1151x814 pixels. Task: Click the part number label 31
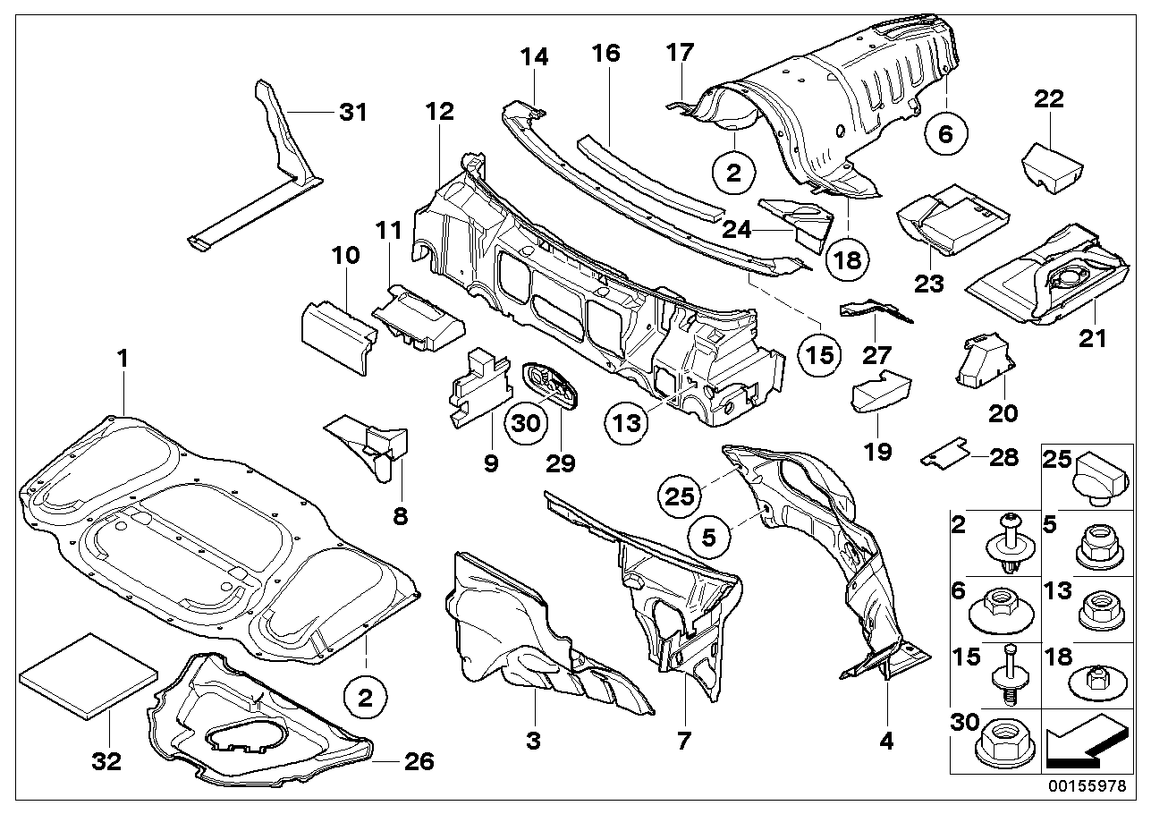point(328,113)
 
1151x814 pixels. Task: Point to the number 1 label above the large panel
point(123,360)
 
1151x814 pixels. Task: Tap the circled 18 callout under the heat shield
point(847,259)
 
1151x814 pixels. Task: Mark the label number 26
point(419,761)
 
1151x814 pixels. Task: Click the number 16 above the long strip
point(605,53)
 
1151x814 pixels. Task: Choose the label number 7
point(683,740)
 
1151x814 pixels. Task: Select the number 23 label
point(929,284)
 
